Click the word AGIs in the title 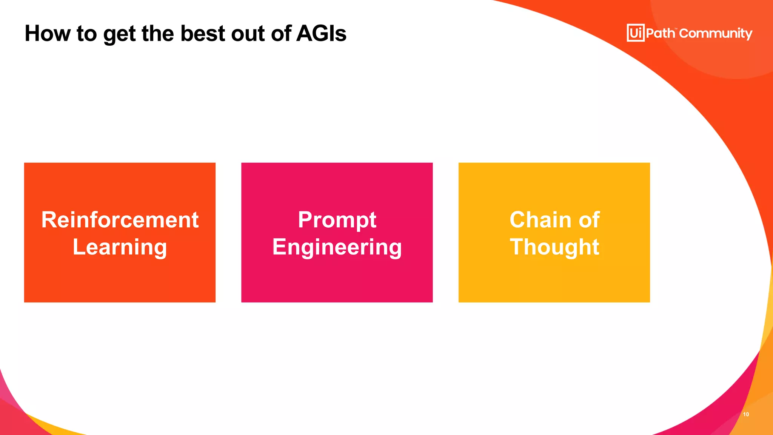point(321,33)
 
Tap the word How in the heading point(48,33)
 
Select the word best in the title point(203,33)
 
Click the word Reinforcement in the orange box point(120,220)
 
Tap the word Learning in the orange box point(120,247)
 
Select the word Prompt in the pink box point(337,221)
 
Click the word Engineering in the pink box point(337,248)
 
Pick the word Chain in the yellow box point(540,220)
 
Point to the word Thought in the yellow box point(554,247)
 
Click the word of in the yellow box point(589,220)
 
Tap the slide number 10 point(746,414)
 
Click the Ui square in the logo point(636,33)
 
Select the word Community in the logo point(716,34)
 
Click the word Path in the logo point(660,33)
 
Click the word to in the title point(86,33)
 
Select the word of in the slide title point(282,33)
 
